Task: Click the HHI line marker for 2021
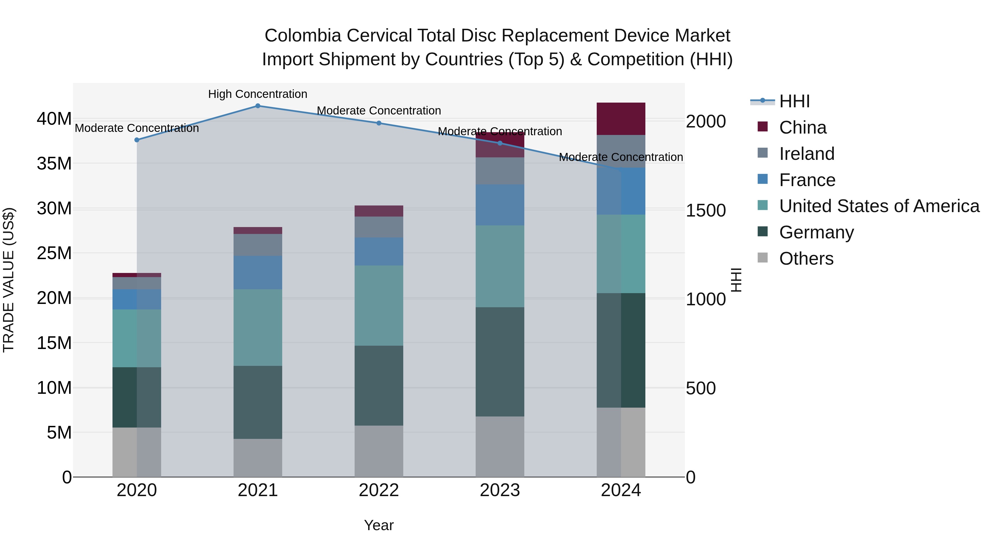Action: [x=258, y=106]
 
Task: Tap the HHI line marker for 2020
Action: [x=137, y=140]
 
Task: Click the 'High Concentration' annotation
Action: [x=258, y=94]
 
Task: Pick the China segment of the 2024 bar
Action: [x=621, y=119]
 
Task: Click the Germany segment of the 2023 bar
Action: [x=500, y=362]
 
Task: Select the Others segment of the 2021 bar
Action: [x=258, y=458]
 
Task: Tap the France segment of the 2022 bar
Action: [x=379, y=252]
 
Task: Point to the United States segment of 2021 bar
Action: [x=258, y=328]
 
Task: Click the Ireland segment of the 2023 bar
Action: [x=500, y=171]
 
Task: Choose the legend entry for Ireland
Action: [x=807, y=154]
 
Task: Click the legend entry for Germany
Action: [x=816, y=233]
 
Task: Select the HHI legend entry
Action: [x=794, y=101]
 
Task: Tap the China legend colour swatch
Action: [x=763, y=127]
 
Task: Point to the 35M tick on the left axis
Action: [x=54, y=163]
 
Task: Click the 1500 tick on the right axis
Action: [x=706, y=211]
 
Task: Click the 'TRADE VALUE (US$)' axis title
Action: [x=9, y=280]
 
